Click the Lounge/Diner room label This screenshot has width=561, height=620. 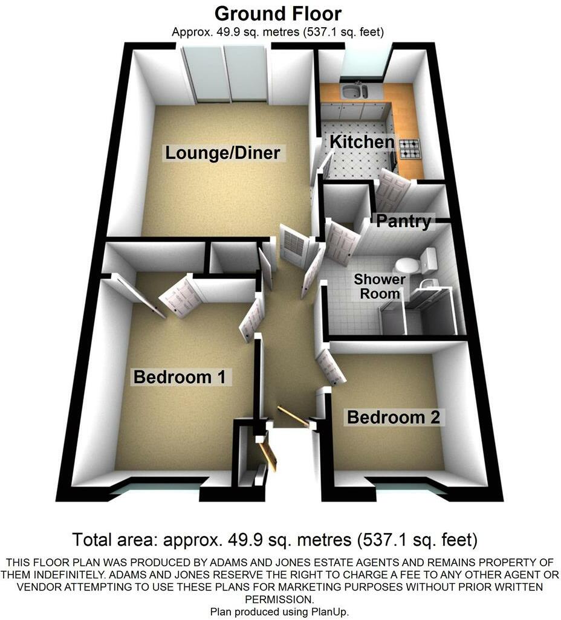[x=223, y=153]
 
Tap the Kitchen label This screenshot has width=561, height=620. [x=362, y=142]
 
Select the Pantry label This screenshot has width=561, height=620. [x=404, y=221]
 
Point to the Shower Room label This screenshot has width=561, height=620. [x=380, y=286]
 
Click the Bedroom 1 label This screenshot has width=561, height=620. [x=180, y=378]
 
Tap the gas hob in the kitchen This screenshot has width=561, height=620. [x=409, y=147]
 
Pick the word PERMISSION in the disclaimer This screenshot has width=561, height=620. [x=279, y=599]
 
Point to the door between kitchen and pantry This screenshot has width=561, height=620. [x=392, y=188]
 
